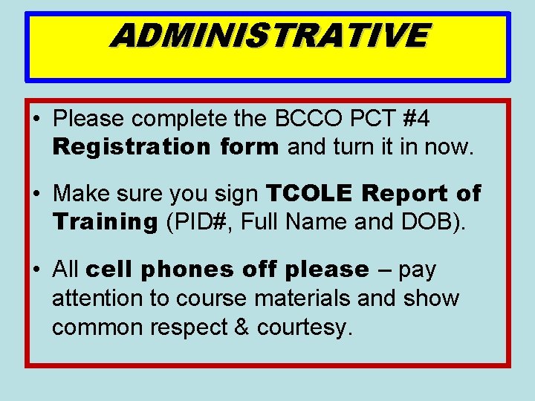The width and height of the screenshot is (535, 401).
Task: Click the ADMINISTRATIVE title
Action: (269, 35)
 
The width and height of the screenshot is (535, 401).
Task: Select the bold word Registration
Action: (131, 147)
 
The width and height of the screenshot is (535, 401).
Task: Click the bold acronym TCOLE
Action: (308, 194)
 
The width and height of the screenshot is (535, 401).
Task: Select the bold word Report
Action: (404, 194)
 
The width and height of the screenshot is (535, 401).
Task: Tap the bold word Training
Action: (105, 222)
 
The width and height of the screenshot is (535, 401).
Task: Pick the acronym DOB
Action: (426, 222)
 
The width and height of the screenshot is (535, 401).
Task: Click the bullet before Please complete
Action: (36, 119)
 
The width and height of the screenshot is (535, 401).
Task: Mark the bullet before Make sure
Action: (36, 195)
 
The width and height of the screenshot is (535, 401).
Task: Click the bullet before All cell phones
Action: (36, 270)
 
